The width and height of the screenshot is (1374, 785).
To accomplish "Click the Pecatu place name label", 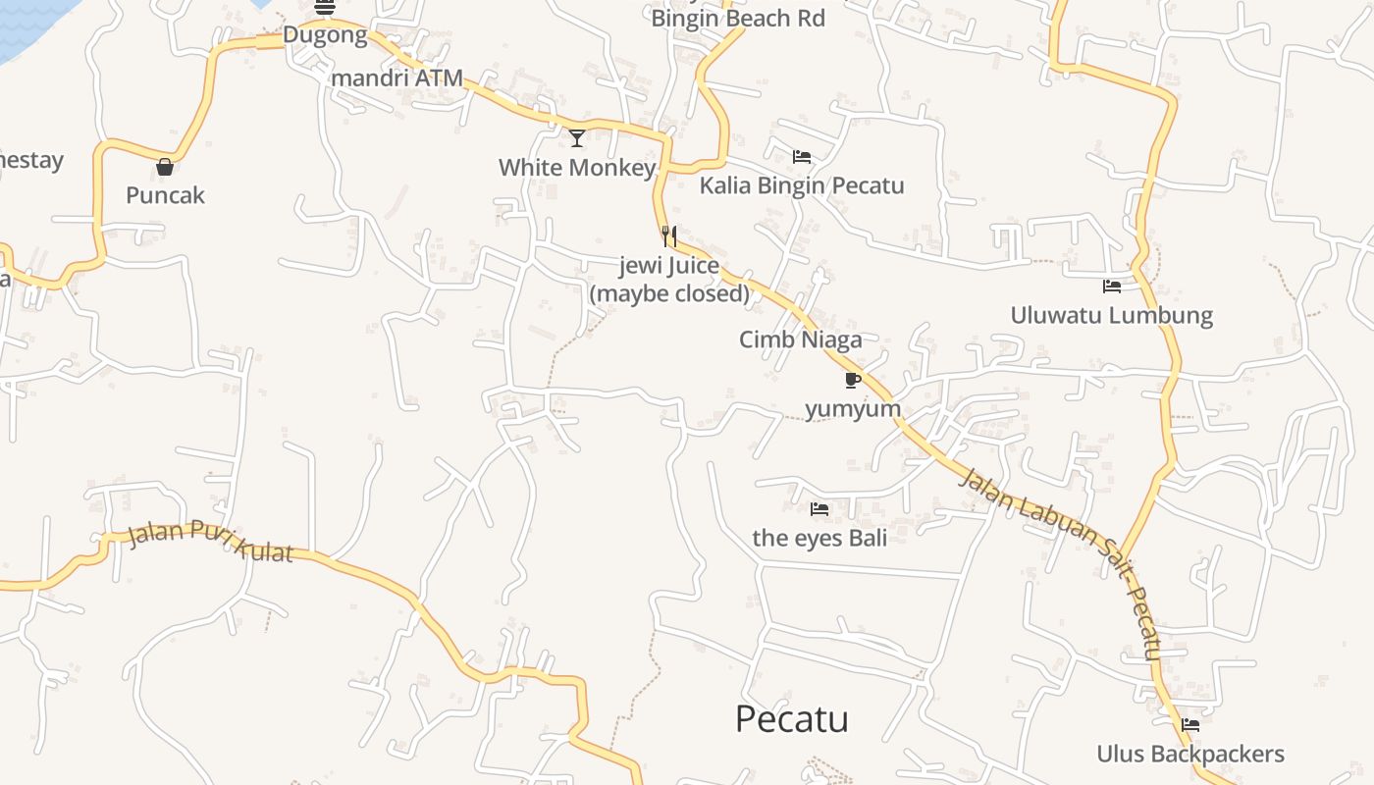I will tap(791, 718).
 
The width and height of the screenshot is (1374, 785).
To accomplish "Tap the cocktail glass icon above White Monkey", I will tap(577, 138).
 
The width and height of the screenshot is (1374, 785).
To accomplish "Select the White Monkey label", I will tap(576, 168).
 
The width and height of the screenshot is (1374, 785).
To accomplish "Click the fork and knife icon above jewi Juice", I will tap(668, 235).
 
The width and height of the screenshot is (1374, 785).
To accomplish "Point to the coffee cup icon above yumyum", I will tap(852, 380).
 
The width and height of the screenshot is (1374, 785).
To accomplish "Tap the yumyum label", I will tap(852, 408).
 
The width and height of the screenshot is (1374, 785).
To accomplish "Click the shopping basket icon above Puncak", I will tap(165, 167).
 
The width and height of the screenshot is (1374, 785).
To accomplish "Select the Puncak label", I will tap(165, 195).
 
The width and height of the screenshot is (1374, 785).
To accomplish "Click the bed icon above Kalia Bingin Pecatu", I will tap(802, 157).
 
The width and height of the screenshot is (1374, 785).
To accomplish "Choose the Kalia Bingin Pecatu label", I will tap(801, 185).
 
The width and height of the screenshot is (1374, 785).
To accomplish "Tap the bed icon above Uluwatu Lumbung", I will tap(1112, 287).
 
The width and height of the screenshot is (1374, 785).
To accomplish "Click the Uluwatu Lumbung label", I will tap(1111, 315).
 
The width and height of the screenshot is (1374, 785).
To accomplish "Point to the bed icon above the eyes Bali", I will tap(819, 508).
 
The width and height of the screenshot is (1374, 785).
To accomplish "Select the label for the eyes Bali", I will tap(819, 538).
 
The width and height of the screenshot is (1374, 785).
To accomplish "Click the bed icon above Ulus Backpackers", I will tap(1190, 725).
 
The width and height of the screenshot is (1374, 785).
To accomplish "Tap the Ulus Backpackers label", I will tap(1189, 754).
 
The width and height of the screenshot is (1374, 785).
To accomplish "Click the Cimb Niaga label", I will tap(800, 340).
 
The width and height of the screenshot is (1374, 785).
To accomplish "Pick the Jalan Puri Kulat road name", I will tap(210, 544).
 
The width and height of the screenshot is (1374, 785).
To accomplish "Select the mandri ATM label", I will tap(396, 78).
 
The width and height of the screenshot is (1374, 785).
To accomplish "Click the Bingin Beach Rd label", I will tap(738, 18).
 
